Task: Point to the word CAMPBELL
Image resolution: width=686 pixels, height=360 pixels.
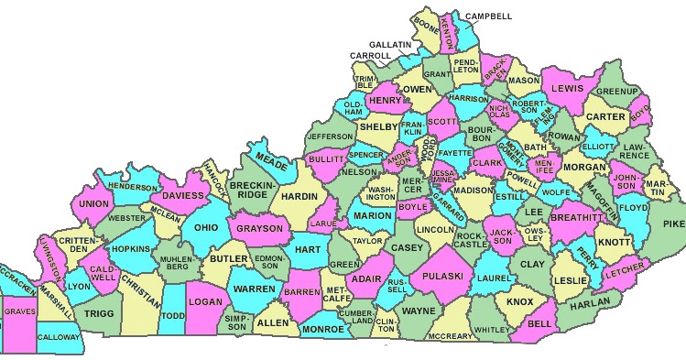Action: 490,16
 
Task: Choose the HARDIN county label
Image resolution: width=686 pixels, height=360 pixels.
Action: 299,195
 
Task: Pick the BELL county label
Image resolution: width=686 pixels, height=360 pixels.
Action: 540,323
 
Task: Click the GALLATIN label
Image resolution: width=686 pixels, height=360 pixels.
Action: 391,44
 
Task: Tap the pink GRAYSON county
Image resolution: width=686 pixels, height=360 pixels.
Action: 259,228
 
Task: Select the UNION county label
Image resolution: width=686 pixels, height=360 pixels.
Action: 93,203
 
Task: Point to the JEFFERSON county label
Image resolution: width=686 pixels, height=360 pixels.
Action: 328,136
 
